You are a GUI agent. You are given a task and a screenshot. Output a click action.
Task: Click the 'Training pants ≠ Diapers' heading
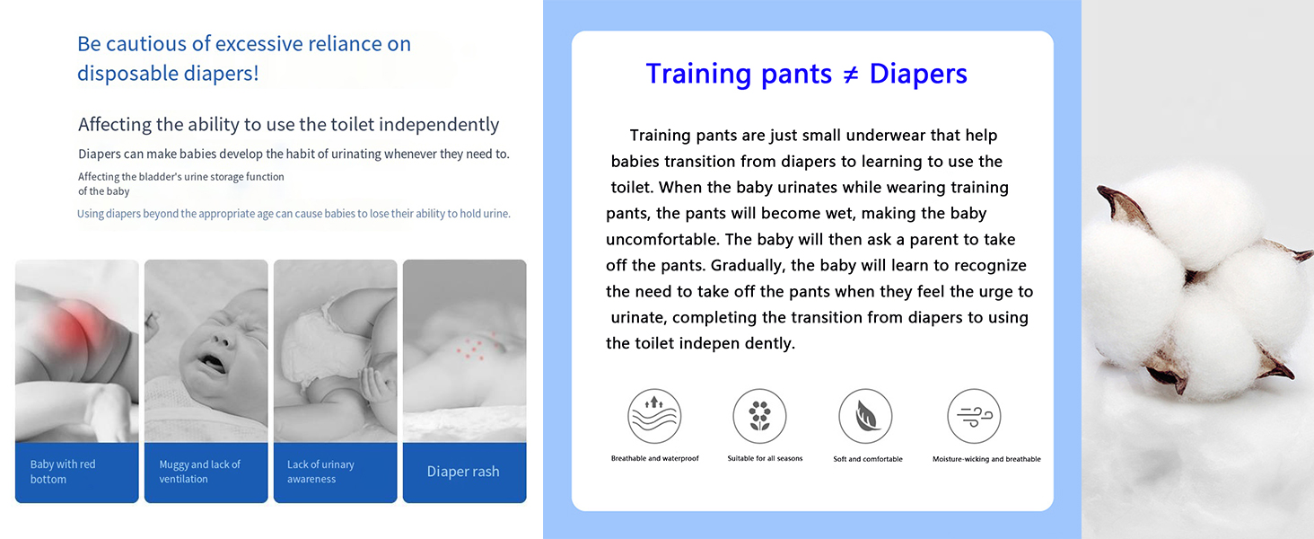pyautogui.click(x=806, y=74)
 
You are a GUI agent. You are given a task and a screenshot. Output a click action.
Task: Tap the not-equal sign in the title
pyautogui.click(x=851, y=75)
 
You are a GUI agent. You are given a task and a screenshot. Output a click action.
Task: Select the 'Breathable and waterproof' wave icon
pyautogui.click(x=654, y=416)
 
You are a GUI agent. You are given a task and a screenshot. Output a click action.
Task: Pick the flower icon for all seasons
pyautogui.click(x=759, y=416)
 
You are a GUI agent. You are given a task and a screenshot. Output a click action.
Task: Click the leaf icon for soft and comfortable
pyautogui.click(x=865, y=416)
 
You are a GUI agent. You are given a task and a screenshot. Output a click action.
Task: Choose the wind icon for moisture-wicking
pyautogui.click(x=974, y=416)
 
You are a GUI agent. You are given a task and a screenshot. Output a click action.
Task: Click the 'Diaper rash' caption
pyautogui.click(x=463, y=472)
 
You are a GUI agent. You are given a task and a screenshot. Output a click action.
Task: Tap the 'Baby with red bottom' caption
pyautogui.click(x=63, y=472)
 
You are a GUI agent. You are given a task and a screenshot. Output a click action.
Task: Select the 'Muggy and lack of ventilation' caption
pyautogui.click(x=199, y=472)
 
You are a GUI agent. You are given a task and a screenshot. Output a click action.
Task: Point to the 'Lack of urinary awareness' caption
pyautogui.click(x=320, y=472)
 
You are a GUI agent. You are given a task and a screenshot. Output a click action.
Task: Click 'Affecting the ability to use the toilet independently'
pyautogui.click(x=289, y=125)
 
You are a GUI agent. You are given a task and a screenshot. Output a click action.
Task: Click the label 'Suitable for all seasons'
pyautogui.click(x=765, y=458)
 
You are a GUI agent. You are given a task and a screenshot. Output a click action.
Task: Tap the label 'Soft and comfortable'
pyautogui.click(x=868, y=459)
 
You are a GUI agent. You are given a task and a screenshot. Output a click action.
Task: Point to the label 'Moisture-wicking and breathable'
pyautogui.click(x=986, y=459)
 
